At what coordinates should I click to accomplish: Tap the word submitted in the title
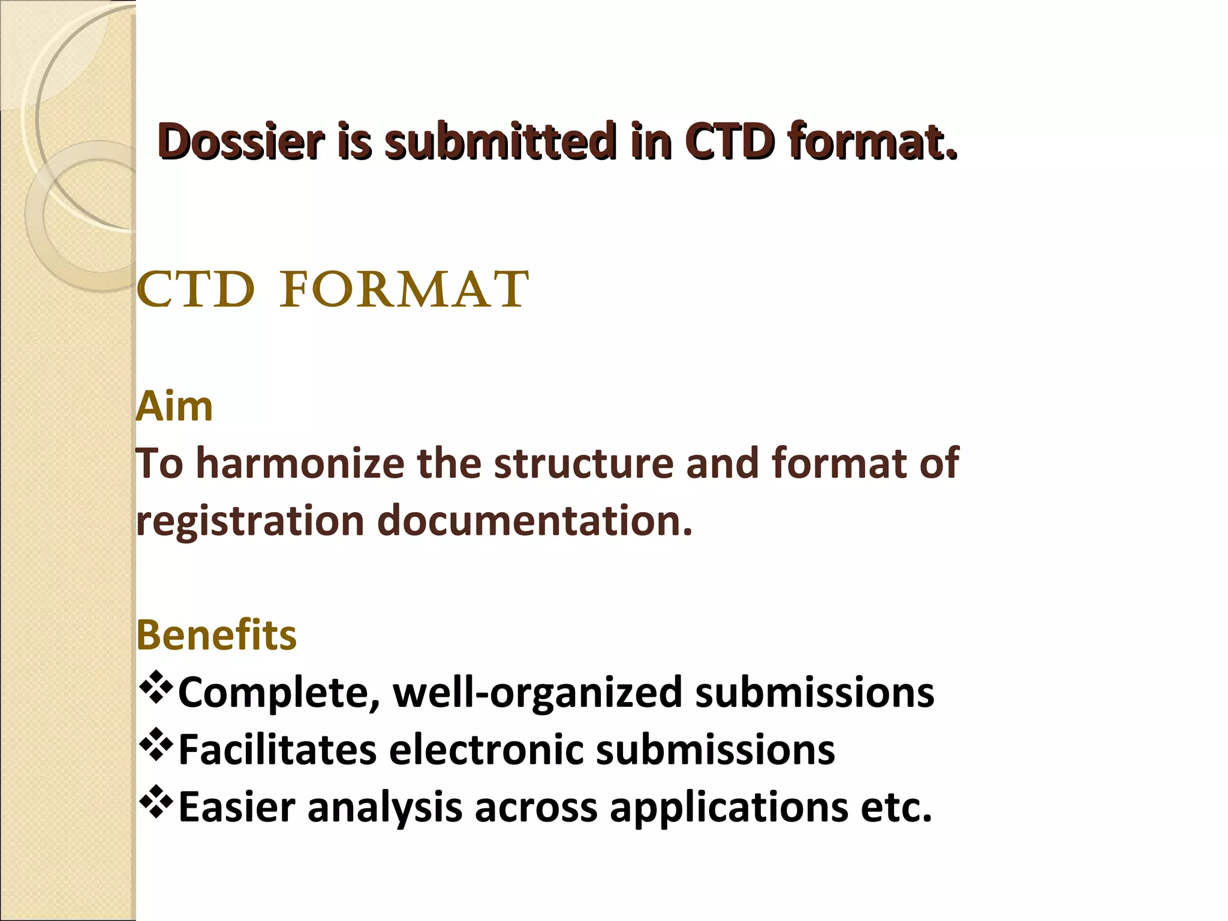pyautogui.click(x=500, y=142)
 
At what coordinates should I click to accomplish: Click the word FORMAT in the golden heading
pyautogui.click(x=404, y=290)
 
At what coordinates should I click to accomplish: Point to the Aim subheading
pyautogui.click(x=174, y=407)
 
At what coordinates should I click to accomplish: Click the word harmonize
pyautogui.click(x=300, y=463)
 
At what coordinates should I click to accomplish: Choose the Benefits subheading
pyautogui.click(x=216, y=635)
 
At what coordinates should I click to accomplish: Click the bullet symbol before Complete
pyautogui.click(x=155, y=688)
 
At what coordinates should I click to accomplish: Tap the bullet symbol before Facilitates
pyautogui.click(x=155, y=745)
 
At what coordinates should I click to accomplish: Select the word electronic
pyautogui.click(x=486, y=750)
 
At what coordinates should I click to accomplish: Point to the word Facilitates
pyautogui.click(x=278, y=750)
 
